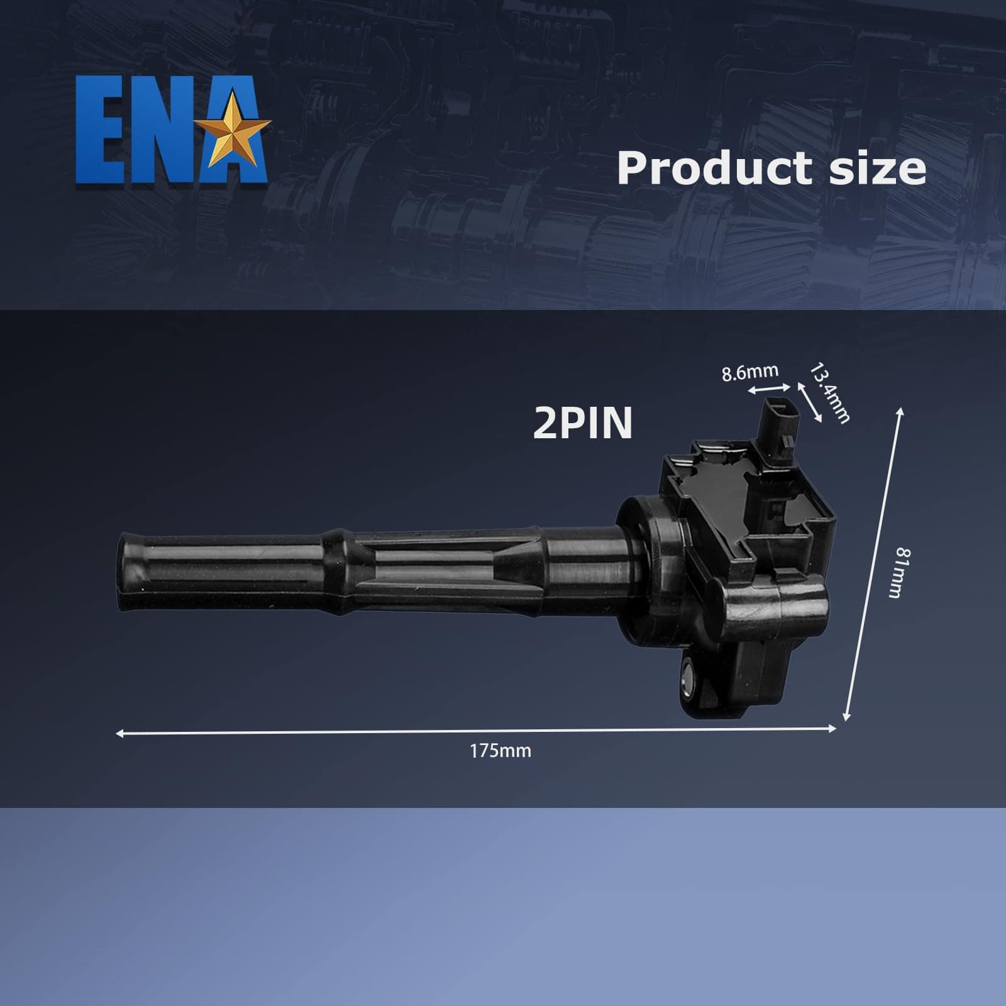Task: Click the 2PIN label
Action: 582,423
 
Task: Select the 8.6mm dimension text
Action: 749,373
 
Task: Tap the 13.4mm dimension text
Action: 829,393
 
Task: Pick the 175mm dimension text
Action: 500,751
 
